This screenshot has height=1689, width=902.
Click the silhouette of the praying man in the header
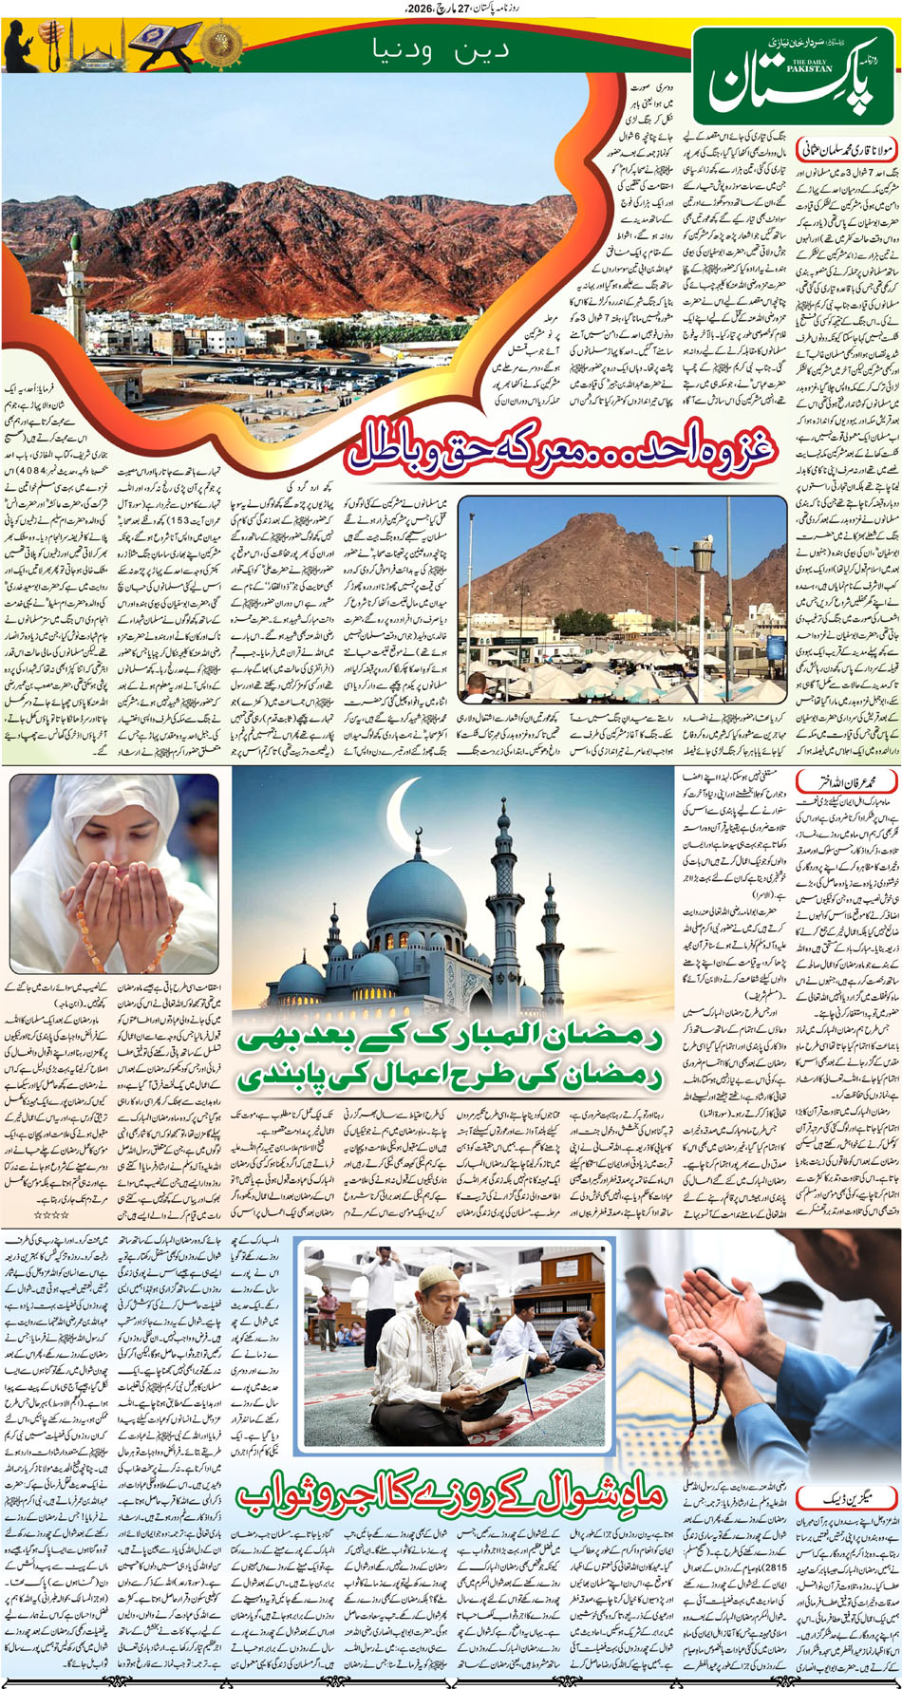tap(21, 46)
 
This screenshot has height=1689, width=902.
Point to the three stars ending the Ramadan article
tap(51, 1214)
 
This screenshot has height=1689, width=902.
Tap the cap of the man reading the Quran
tap(434, 1278)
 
